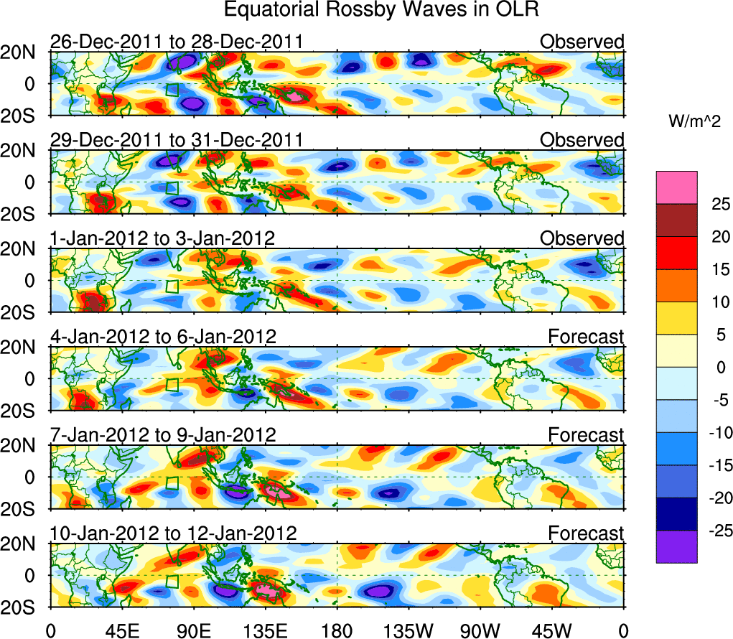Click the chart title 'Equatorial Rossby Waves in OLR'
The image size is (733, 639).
tap(381, 10)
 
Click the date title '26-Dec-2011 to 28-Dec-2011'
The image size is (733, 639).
tap(176, 42)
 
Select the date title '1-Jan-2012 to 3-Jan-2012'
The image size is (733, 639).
tap(162, 238)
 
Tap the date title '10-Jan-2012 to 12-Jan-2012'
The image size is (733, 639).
tap(173, 533)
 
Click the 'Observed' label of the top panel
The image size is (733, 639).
tap(582, 42)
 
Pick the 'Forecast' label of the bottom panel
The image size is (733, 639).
tap(587, 533)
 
